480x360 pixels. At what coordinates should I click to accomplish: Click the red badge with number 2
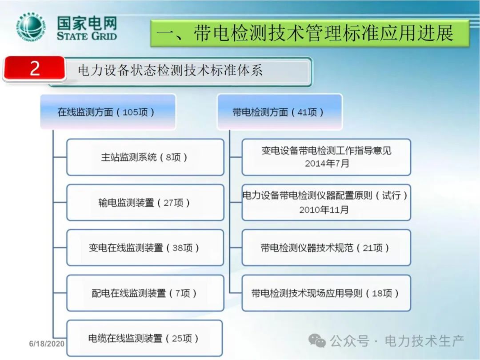(34, 68)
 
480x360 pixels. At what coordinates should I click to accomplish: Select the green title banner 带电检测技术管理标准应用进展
(309, 33)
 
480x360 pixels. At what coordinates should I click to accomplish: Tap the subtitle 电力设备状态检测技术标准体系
(170, 70)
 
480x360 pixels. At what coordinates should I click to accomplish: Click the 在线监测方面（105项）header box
(108, 112)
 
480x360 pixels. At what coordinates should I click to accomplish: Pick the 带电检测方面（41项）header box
(280, 112)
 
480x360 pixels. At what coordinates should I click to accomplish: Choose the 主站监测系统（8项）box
(145, 157)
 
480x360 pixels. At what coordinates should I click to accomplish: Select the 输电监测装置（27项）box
(145, 202)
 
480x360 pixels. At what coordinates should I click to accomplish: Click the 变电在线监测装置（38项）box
(145, 248)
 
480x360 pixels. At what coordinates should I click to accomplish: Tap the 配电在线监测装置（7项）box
(145, 293)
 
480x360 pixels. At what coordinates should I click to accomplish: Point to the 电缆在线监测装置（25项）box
(144, 338)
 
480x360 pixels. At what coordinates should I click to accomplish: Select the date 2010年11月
(324, 210)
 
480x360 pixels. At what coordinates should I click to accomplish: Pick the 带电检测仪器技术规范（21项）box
(326, 248)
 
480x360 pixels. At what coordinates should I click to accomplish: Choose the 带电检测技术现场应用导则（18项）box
(326, 293)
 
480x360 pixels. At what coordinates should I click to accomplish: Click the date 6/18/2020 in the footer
(47, 344)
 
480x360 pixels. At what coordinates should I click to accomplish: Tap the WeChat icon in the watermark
(317, 341)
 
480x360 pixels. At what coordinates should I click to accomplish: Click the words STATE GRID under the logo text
(87, 36)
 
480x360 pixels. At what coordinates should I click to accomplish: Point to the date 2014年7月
(327, 164)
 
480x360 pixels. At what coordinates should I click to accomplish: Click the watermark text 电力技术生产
(424, 341)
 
